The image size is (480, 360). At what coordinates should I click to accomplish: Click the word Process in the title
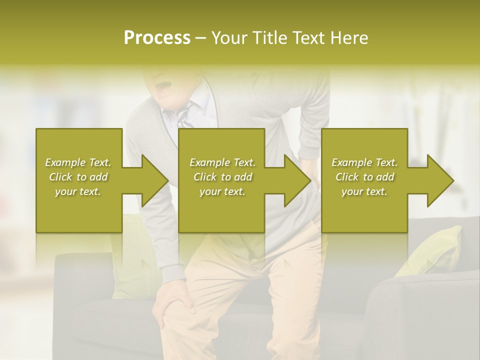(157, 38)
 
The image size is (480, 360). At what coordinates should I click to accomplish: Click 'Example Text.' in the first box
(78, 162)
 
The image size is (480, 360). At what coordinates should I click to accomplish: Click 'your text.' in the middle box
(222, 191)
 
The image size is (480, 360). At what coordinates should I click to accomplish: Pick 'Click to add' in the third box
(364, 177)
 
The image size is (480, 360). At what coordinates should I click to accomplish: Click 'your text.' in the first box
(78, 191)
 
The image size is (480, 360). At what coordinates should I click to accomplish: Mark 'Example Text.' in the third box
(364, 162)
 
